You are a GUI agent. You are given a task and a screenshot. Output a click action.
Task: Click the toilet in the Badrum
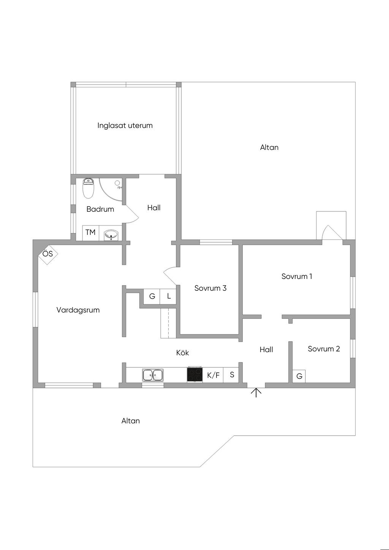pos(88,188)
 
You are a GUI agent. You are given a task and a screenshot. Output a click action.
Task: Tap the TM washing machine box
pos(90,232)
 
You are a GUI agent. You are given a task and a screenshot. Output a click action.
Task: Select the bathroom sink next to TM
pos(111,235)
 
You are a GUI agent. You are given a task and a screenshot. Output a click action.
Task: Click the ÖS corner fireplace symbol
pos(48,254)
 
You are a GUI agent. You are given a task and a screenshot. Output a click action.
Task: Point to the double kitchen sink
pos(153,375)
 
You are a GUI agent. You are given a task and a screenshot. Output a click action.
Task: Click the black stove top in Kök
pos(194,375)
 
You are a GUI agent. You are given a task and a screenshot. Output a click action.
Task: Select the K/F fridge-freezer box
pos(213,375)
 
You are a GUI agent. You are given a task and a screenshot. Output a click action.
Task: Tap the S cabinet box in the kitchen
pos(232,375)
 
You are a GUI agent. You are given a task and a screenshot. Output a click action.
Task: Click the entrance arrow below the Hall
pos(256,392)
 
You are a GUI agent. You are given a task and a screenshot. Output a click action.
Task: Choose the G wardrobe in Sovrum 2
pos(299,376)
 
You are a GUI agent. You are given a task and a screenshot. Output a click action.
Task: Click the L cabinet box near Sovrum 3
pos(169,296)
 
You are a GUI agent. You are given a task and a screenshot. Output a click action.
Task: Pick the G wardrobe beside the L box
pos(152,296)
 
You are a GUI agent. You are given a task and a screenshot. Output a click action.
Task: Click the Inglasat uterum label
pos(125,126)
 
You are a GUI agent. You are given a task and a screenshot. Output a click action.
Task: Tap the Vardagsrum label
pos(78,310)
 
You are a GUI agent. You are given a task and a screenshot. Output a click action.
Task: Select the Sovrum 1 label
pos(297,276)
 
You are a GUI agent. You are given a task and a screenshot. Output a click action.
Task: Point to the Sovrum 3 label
pos(210,288)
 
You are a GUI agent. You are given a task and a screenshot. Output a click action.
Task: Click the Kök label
pos(182,353)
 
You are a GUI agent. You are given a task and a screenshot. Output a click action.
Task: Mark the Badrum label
pos(100,209)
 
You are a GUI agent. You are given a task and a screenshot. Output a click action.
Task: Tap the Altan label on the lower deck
pos(131,421)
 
